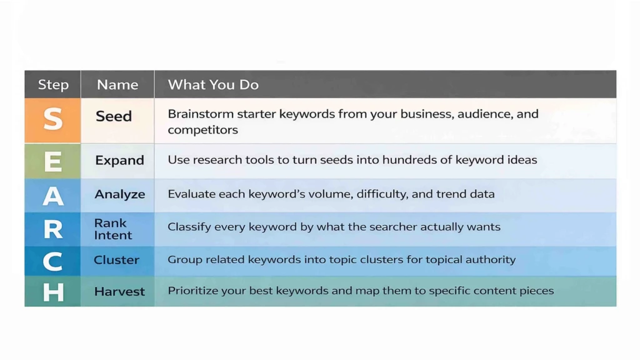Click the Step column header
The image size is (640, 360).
pos(53,84)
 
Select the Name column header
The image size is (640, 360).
pos(117,84)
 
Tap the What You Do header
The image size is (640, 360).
pos(213,84)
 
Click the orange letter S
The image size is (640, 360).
pos(53,119)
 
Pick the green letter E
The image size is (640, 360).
pos(53,161)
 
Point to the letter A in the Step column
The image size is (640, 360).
pos(53,196)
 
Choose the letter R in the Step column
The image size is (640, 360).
pos(53,229)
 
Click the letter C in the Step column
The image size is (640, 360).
pos(53,261)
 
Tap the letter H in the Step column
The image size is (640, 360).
pos(53,292)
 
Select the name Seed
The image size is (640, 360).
pos(114,116)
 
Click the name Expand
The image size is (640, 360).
pos(119,160)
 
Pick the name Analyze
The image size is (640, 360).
pos(119,194)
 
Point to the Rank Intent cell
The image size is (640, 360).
pos(113,229)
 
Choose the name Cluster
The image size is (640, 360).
pos(116,260)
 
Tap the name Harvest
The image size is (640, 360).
pos(119,291)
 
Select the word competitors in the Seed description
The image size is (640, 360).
pos(202,130)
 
